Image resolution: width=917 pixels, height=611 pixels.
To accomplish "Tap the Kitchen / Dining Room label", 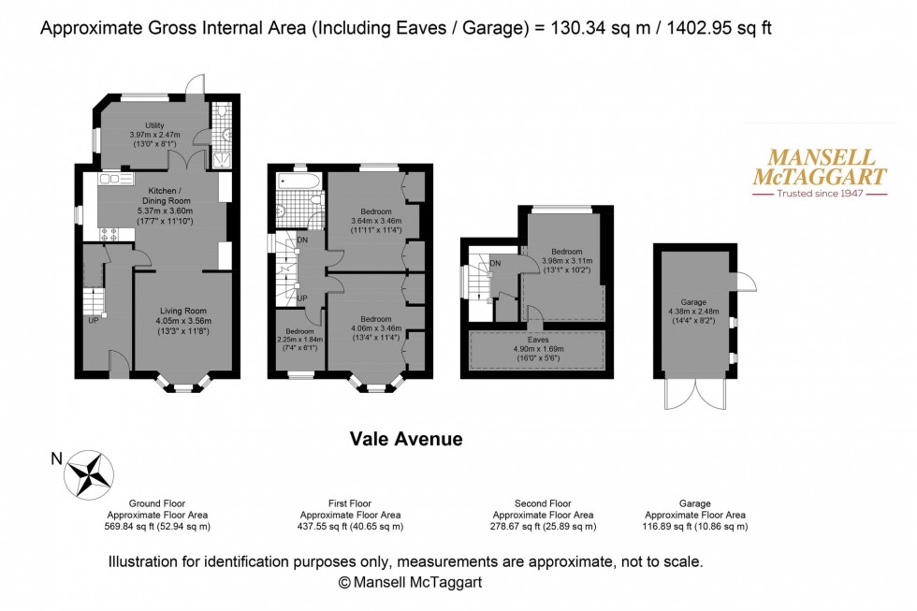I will click(153, 201).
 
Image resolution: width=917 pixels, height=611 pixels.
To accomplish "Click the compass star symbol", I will click(91, 474).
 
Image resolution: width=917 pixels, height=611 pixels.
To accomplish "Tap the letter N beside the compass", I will click(55, 458).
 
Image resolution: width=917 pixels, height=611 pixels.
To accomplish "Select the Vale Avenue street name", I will click(406, 439).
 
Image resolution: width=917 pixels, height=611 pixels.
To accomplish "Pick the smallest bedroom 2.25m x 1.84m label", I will click(298, 340).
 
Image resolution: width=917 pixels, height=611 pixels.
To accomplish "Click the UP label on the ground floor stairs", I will click(94, 321).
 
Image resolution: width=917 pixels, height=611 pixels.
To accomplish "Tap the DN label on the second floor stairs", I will click(494, 264).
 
